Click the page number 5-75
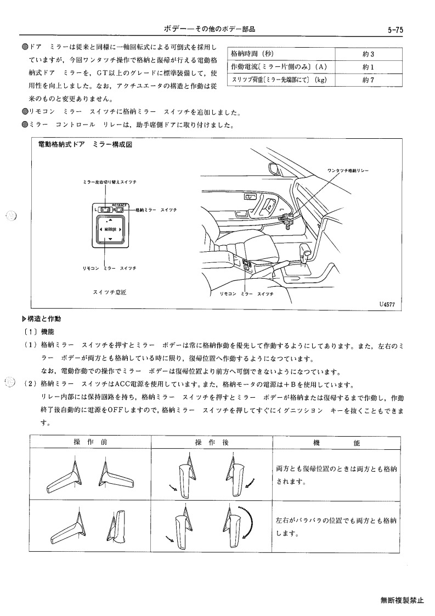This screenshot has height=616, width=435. click(x=395, y=30)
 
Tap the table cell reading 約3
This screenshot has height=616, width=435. click(x=368, y=54)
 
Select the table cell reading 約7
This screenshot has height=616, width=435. click(x=368, y=80)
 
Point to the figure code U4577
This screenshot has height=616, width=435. click(x=387, y=304)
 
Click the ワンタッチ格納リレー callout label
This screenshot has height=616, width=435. click(x=348, y=171)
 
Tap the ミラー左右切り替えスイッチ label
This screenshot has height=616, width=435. click(x=110, y=182)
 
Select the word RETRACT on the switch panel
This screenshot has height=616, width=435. click(x=120, y=205)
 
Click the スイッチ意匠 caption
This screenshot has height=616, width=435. click(x=110, y=292)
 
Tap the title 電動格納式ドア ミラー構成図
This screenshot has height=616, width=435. click(x=85, y=145)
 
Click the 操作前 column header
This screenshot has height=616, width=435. click(x=91, y=442)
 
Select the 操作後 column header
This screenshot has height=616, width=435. click(x=212, y=442)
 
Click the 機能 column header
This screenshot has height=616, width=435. click(x=336, y=443)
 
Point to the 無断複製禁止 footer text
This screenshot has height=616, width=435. click(x=402, y=600)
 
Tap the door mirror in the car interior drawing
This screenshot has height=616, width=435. click(x=275, y=167)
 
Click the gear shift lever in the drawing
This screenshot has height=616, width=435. click(x=306, y=251)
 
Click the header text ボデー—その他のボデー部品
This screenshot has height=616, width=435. click(x=210, y=29)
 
